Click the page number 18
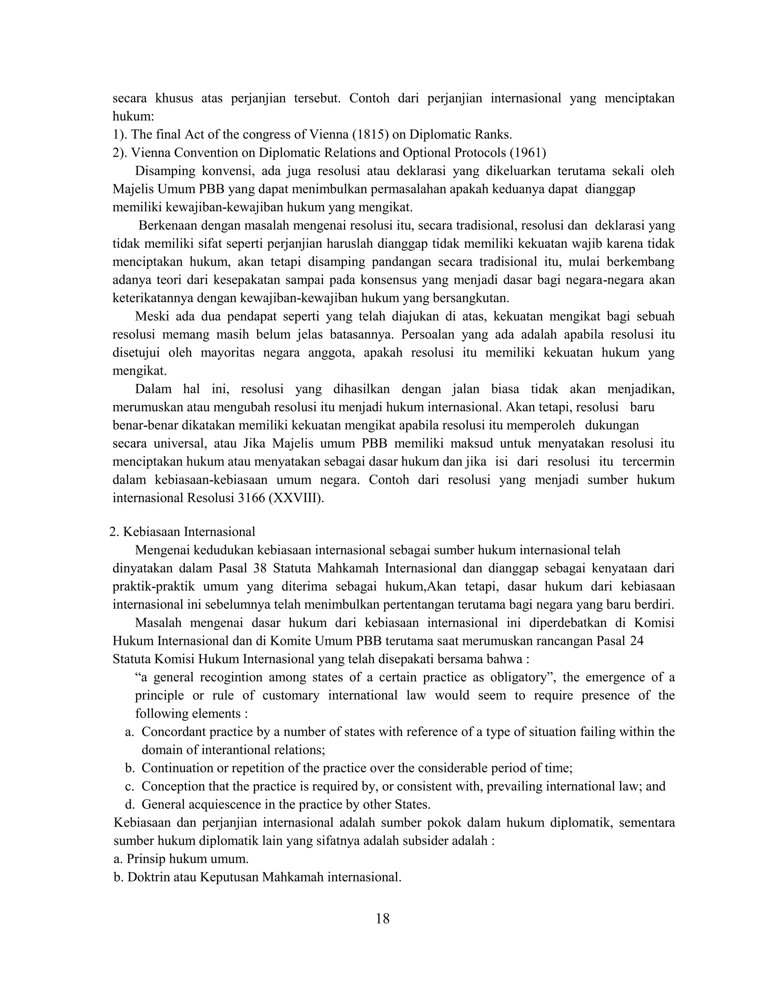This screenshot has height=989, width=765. point(382,918)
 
